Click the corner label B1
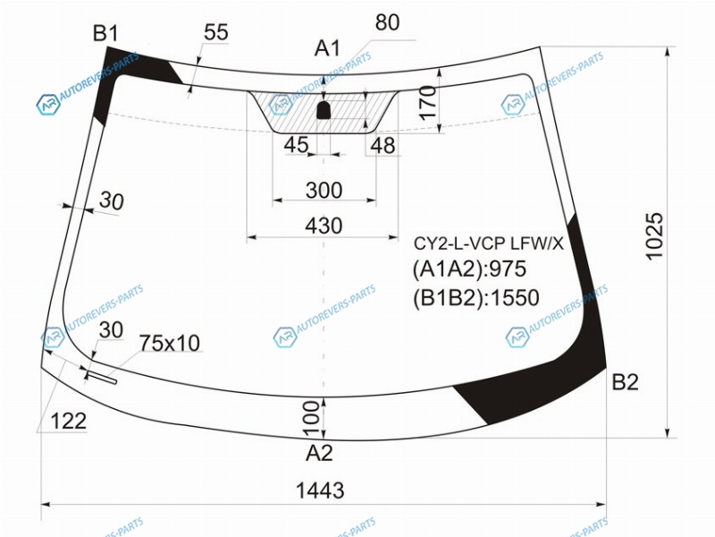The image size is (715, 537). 105,33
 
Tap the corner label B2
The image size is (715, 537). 625,382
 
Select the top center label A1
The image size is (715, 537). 327,48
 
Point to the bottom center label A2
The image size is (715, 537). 319,453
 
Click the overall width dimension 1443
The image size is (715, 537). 320,490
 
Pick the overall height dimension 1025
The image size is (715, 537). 654,236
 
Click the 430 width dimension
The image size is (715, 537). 324,226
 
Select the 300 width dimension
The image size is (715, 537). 324,190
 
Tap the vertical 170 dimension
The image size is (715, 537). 428,103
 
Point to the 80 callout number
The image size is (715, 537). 388,21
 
